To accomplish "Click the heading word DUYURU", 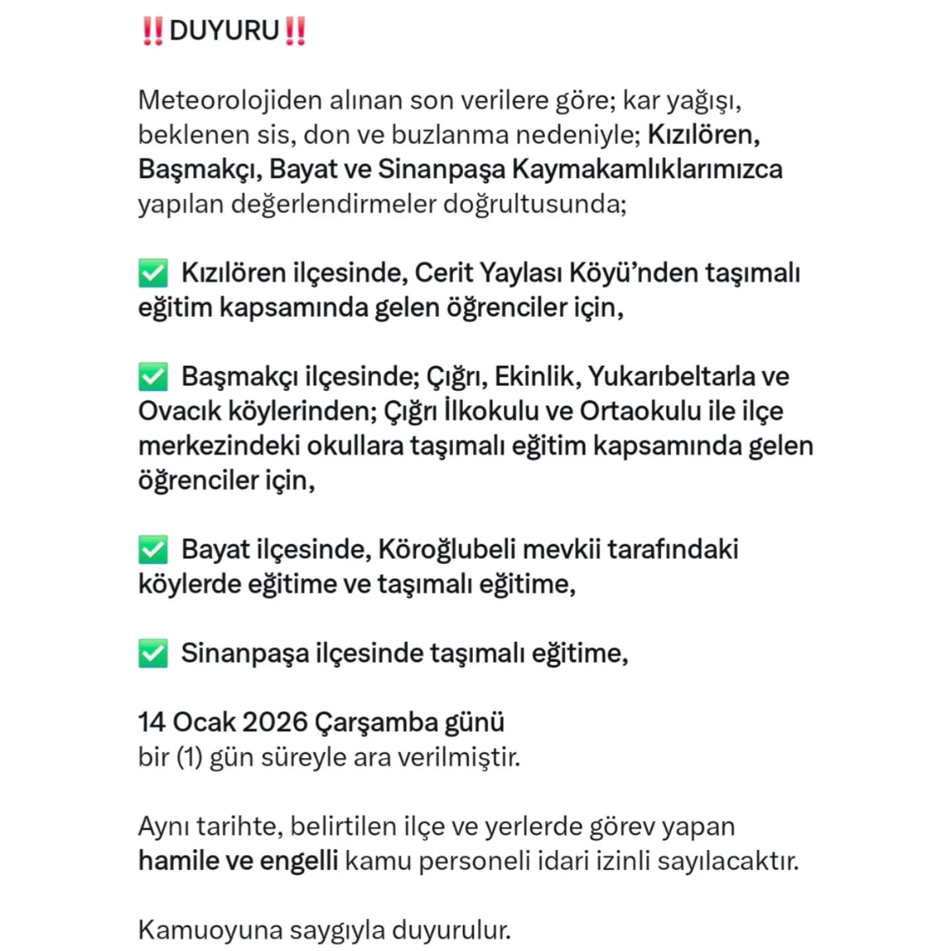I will pos(225,31).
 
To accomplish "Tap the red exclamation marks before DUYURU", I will pos(153,31).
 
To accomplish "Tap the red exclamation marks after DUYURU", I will pos(295,31).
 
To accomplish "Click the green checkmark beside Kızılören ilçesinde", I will pos(153,273).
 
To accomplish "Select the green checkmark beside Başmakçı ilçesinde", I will pos(153,376).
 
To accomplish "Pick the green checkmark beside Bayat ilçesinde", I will pos(153,549).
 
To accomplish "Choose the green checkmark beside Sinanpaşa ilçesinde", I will pos(153,653).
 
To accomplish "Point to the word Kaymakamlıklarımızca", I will pos(647,169).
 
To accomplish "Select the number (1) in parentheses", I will pos(189,757).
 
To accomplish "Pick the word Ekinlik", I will pos(537,376).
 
